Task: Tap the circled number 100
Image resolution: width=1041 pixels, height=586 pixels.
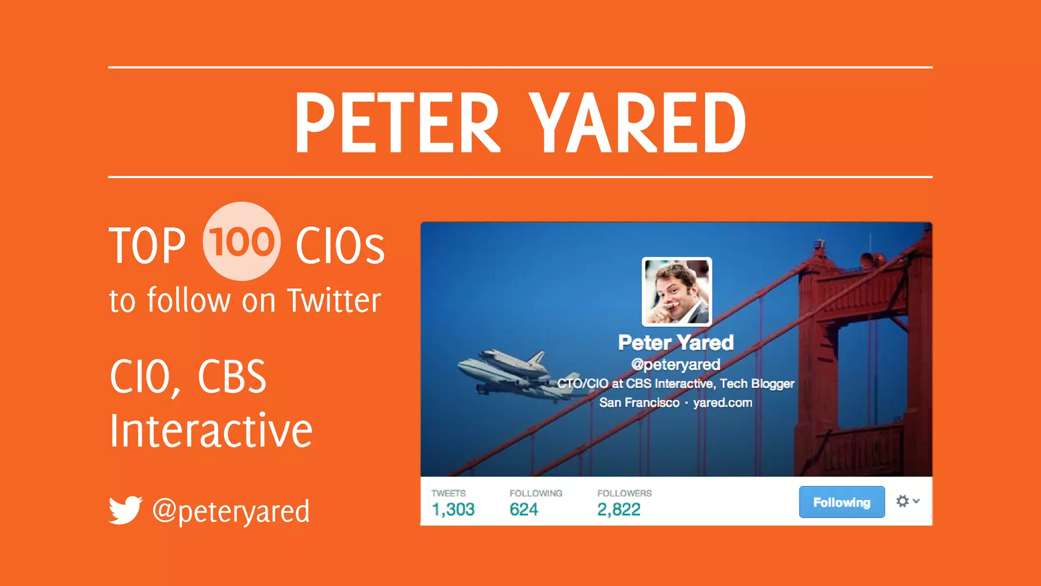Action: coord(241,242)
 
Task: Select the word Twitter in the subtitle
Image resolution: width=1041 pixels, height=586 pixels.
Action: coord(334,301)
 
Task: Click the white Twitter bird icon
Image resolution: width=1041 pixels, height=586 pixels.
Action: coord(125,510)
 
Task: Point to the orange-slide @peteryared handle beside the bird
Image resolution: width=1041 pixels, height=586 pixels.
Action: coord(231,511)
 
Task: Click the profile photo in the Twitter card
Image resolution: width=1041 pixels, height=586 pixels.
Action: coord(677,291)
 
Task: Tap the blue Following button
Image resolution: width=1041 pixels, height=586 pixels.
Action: coord(842,502)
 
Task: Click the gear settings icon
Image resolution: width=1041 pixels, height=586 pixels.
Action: coord(903,501)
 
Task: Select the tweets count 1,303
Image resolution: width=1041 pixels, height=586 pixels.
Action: coord(453,509)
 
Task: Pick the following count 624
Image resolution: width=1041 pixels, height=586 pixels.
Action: coord(524,509)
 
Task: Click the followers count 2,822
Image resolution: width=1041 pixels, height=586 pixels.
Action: coord(619,509)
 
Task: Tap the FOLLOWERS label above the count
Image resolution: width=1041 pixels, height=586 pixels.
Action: coord(624,493)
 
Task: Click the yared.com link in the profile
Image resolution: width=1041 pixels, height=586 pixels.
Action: coord(722,402)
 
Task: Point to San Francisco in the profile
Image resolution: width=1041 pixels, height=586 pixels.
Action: coord(639,402)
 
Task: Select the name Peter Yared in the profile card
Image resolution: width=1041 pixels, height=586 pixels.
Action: coord(676,343)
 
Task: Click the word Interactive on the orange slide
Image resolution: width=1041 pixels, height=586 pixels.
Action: coord(211,431)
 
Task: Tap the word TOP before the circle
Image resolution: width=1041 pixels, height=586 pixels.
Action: coord(147,246)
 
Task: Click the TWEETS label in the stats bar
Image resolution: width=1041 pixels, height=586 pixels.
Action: coord(448,493)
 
